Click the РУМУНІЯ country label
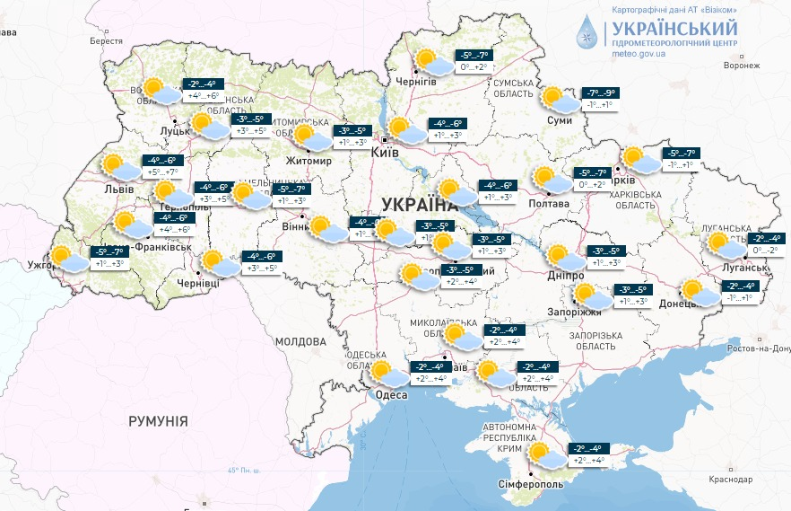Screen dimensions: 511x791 tap(158, 420)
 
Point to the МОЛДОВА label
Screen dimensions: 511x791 tap(300, 341)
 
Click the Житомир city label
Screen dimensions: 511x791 tap(308, 162)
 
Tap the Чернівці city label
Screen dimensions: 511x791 tap(198, 283)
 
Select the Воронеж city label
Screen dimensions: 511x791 tap(742, 66)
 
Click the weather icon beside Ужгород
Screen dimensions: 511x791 tap(69, 258)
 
